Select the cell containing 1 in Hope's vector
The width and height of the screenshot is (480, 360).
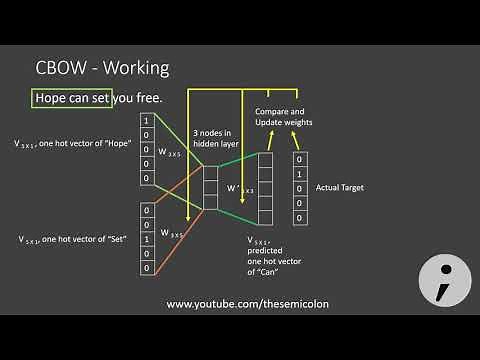(148, 121)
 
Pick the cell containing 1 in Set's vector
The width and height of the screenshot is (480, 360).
(148, 239)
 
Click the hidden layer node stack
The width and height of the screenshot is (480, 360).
(210, 187)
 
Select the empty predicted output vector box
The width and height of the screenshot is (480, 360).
(266, 189)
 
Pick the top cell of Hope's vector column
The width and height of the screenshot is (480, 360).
(148, 121)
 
